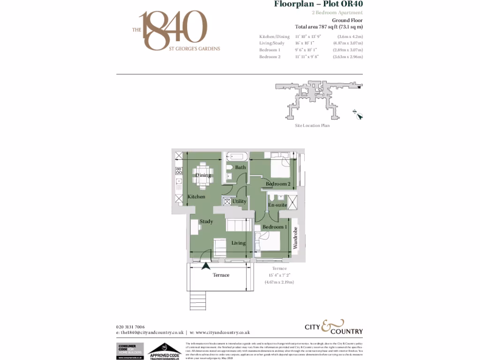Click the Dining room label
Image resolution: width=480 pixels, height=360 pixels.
203,175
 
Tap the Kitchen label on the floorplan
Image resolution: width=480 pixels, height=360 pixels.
196,197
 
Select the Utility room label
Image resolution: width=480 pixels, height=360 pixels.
240,202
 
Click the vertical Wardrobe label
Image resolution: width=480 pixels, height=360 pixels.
295,239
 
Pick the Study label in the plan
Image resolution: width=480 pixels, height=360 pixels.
206,222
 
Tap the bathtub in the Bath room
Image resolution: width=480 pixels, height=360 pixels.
238,157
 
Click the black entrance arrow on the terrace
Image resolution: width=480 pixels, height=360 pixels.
205,266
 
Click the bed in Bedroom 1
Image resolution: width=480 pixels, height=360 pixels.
269,241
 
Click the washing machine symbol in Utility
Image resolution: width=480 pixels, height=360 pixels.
227,201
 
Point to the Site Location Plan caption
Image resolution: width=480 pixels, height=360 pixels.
312,126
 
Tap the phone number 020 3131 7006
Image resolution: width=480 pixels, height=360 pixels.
130,327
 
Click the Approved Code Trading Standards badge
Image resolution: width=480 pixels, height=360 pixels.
165,351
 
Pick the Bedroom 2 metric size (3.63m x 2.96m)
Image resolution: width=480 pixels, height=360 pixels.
348,57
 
